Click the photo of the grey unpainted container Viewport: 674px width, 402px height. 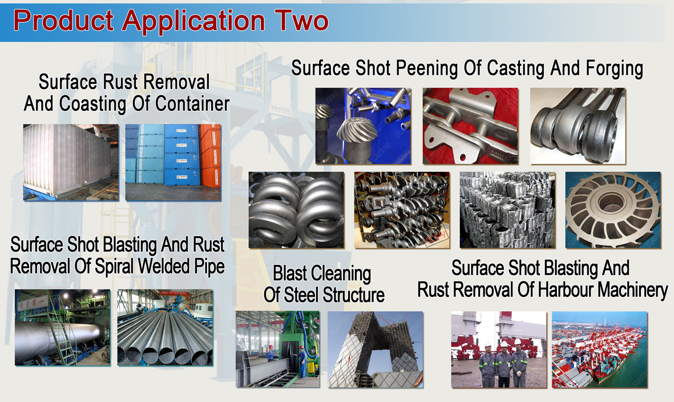[x=71, y=162]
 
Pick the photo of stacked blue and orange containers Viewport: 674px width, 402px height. [x=173, y=162]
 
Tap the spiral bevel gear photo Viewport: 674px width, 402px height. [x=363, y=126]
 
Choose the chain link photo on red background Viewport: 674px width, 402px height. [x=470, y=126]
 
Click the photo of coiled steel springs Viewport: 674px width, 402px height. [x=296, y=210]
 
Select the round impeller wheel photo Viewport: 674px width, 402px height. [x=613, y=210]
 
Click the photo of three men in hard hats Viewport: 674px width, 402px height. [x=499, y=349]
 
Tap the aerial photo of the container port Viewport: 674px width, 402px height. [x=599, y=349]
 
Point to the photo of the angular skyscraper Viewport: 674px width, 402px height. [x=376, y=349]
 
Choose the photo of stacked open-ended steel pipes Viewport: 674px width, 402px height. [x=165, y=327]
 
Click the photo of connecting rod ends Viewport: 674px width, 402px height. [x=578, y=126]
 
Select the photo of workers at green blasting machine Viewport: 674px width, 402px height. [x=277, y=349]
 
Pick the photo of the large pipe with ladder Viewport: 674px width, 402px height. [x=62, y=327]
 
